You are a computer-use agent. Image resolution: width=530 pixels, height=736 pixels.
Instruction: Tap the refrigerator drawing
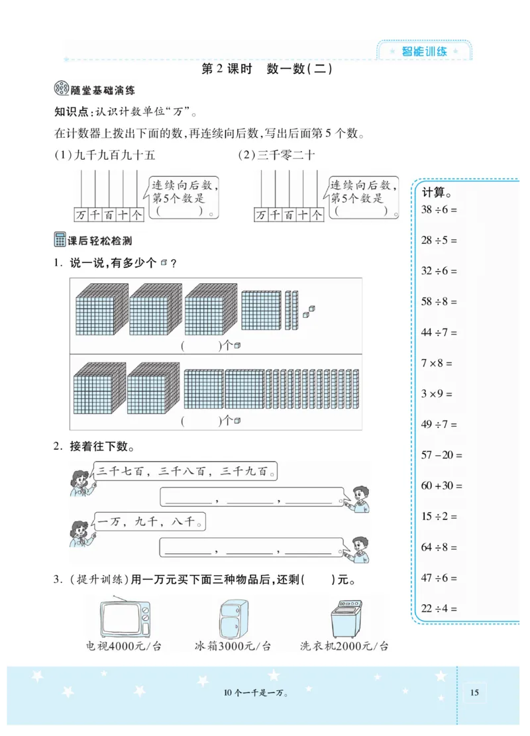point(233,617)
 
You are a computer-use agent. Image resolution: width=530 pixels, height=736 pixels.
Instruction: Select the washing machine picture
point(344,617)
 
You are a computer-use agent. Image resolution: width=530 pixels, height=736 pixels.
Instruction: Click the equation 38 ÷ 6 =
point(439,209)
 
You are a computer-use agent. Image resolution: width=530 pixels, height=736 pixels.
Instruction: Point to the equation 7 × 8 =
point(437,363)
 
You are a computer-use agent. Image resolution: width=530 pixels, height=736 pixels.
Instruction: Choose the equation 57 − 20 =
point(442,455)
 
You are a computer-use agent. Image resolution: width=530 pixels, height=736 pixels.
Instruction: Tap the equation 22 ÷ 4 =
point(439,609)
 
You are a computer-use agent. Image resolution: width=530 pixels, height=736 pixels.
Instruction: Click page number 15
point(474,693)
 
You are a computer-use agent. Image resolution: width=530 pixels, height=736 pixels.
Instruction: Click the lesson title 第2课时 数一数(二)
point(266,69)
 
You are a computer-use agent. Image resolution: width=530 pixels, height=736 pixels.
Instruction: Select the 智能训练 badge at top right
point(424,51)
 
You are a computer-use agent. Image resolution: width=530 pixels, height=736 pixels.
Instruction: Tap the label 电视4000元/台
point(124,647)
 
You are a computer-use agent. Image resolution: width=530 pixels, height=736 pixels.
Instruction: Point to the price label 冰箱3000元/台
point(233,647)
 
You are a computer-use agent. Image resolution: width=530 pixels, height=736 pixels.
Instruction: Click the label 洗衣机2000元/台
point(344,647)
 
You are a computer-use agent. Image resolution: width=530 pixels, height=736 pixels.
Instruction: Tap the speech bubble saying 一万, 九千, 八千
point(148,523)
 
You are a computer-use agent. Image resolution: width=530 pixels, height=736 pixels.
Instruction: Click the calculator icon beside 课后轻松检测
point(60,241)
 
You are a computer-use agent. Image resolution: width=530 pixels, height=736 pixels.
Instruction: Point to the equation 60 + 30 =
point(442,486)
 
